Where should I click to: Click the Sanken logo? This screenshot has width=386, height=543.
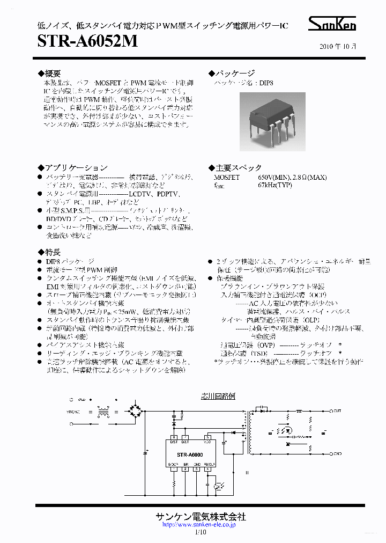332,24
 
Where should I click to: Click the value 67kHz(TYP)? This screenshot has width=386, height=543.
276,185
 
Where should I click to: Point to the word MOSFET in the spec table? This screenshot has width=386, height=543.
227,177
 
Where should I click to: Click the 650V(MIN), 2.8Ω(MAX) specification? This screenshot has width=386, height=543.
292,177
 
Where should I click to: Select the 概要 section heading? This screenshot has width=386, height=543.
52,73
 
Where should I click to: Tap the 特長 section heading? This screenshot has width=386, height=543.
52,252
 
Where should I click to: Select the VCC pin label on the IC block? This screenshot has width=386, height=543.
207,442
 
